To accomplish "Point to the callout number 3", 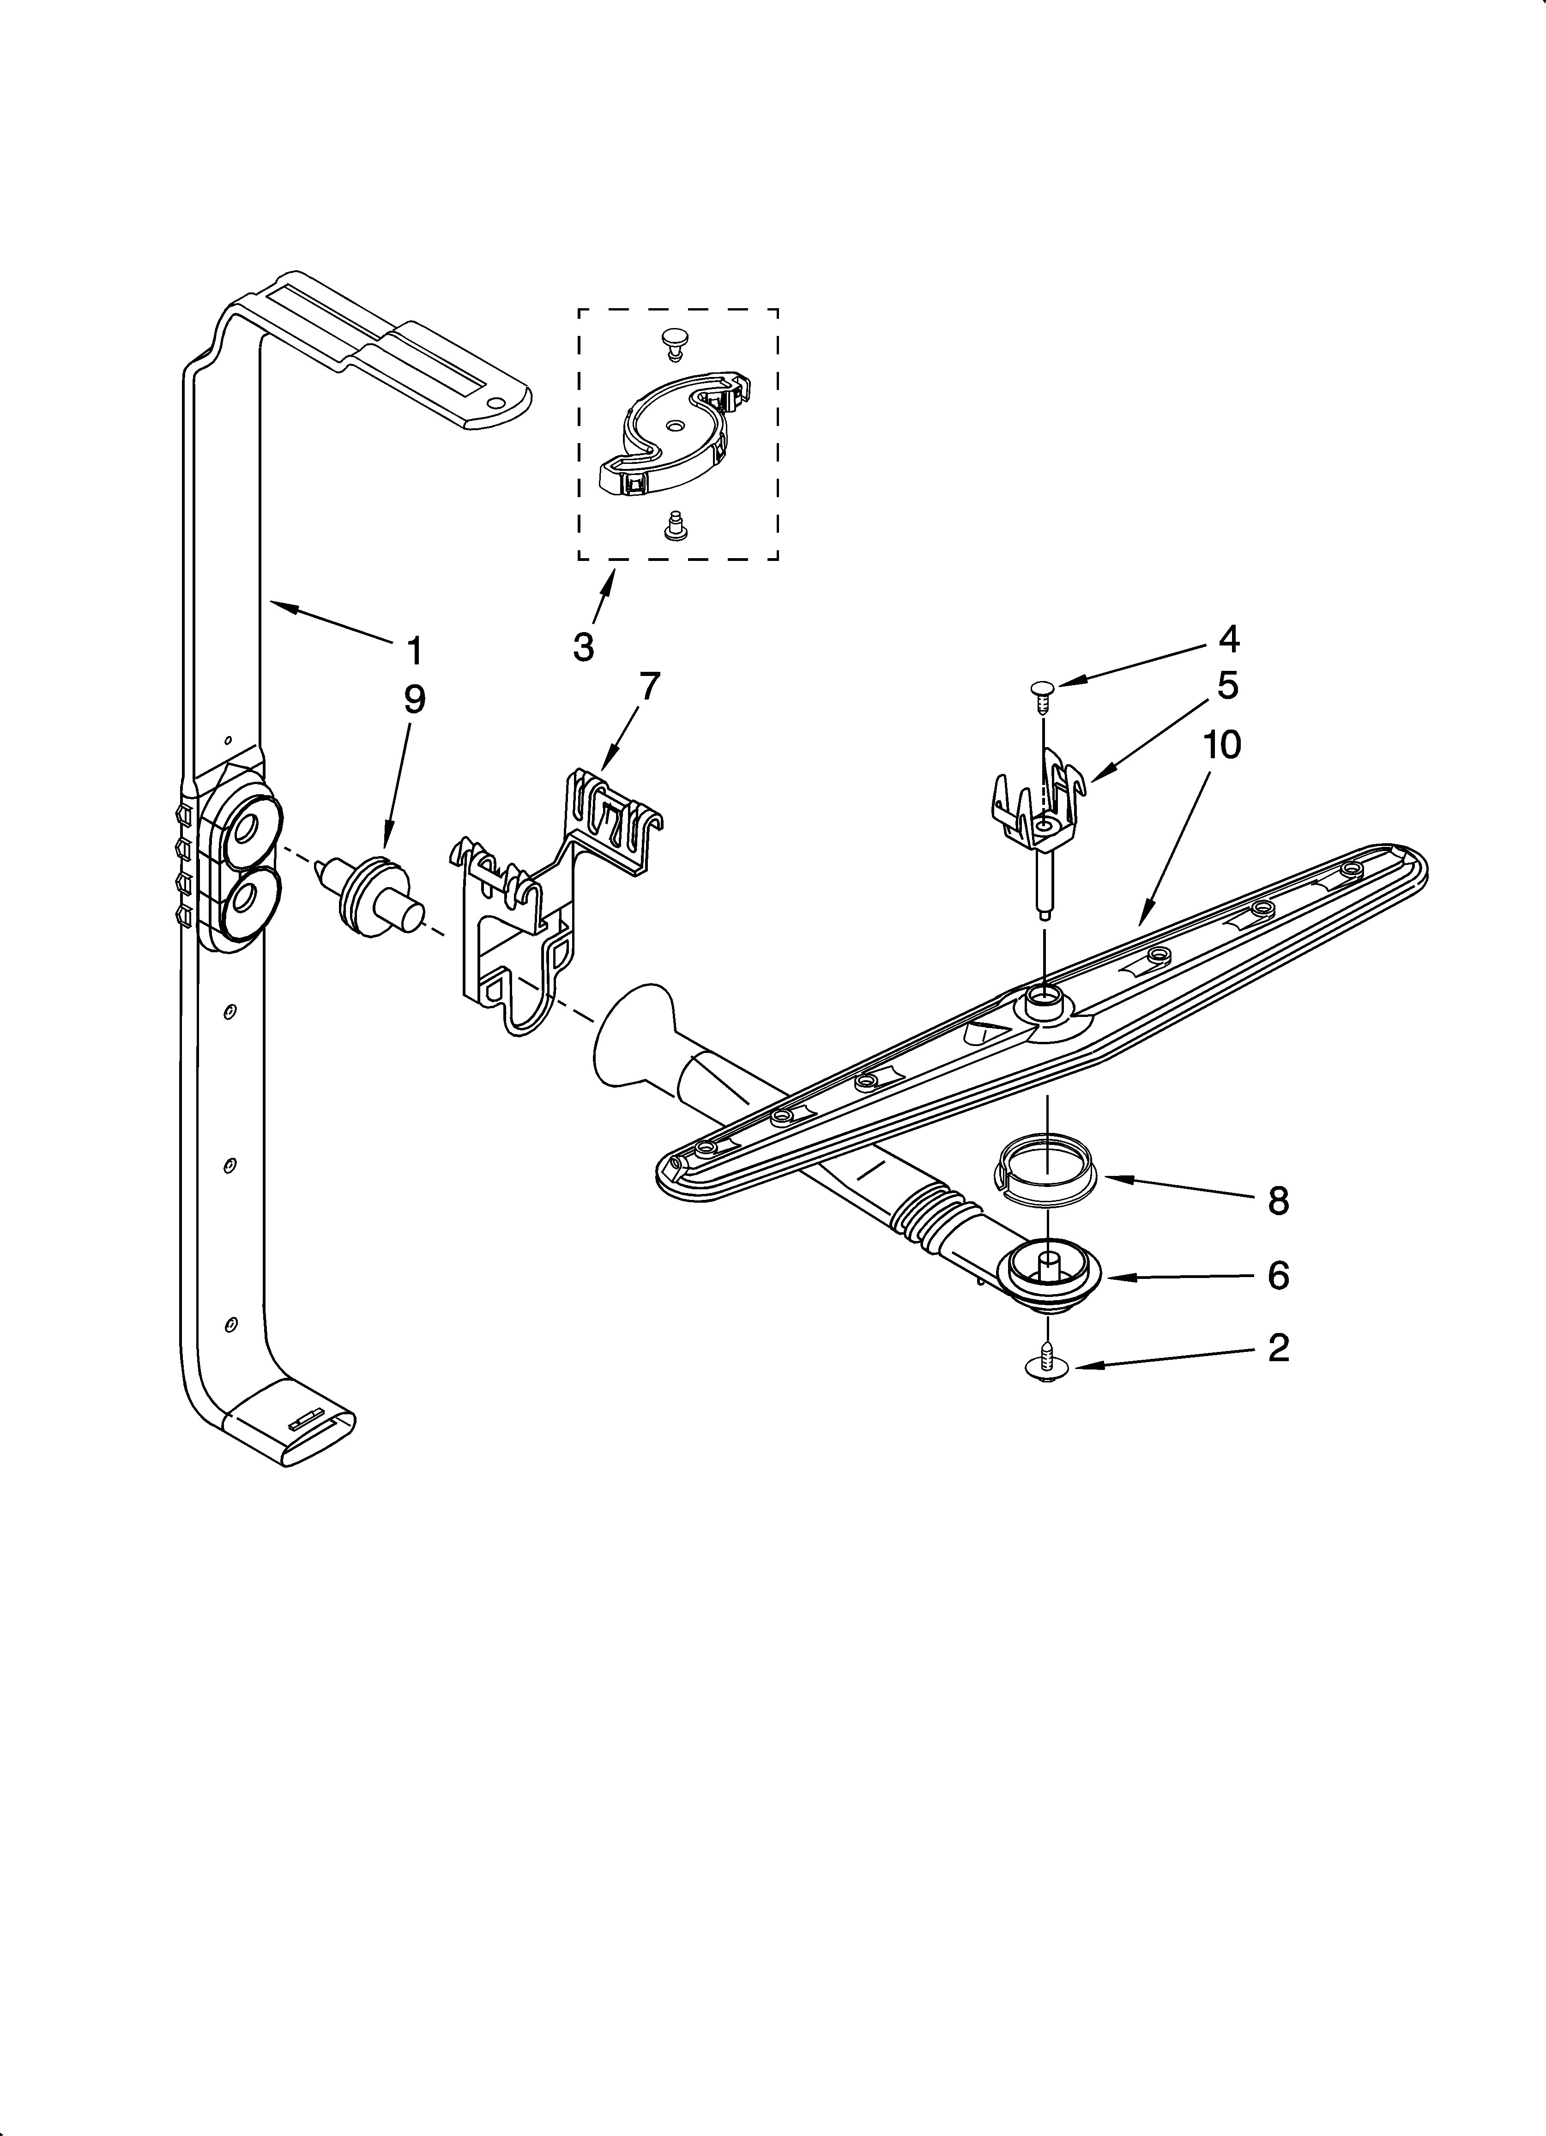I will tap(584, 647).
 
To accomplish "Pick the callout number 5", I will tap(1228, 686).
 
